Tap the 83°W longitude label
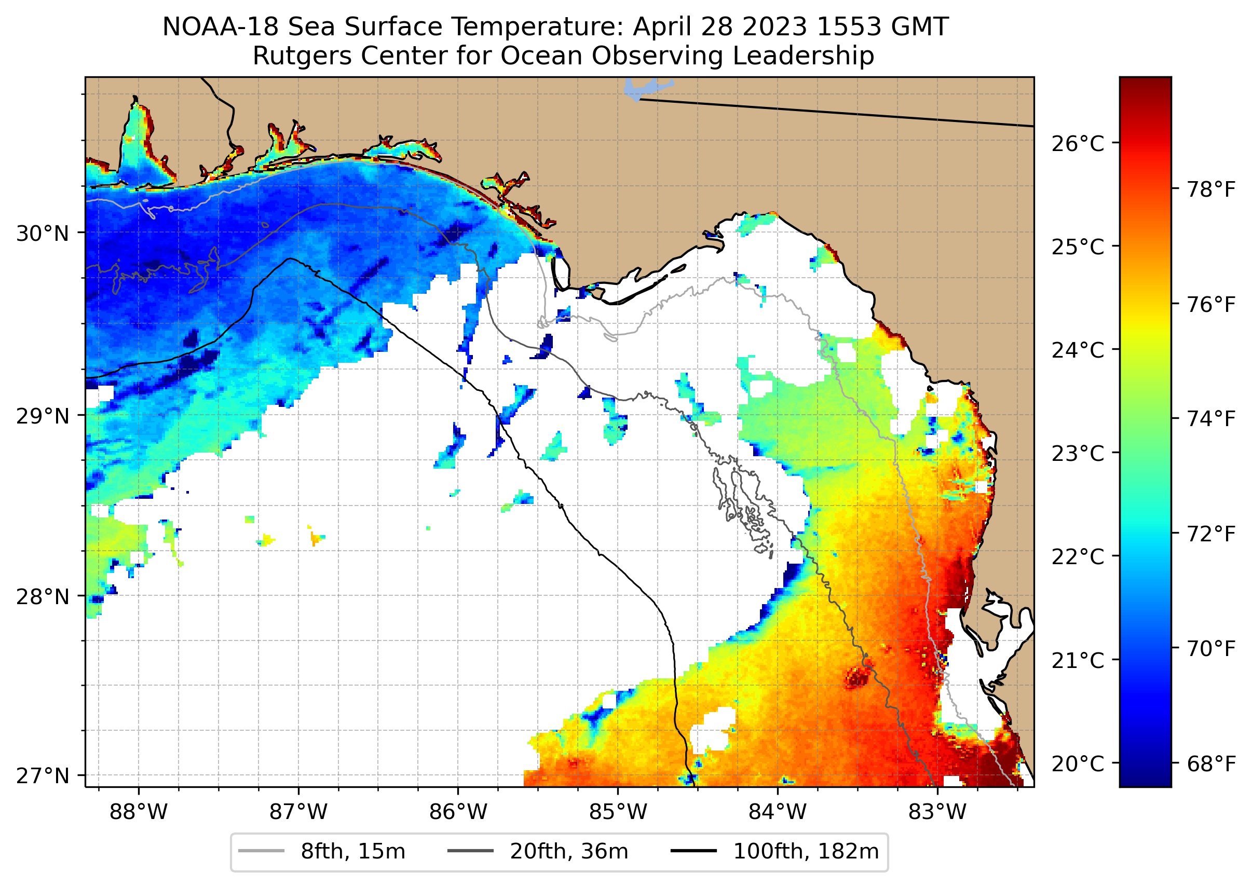click(x=937, y=812)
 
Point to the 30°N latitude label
click(x=43, y=234)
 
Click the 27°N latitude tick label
click(x=43, y=775)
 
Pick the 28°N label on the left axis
click(x=43, y=597)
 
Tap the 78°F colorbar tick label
click(x=1211, y=190)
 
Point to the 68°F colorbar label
click(x=1211, y=763)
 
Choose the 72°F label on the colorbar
click(x=1211, y=534)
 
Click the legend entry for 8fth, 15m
click(x=353, y=852)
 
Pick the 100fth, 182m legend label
click(x=806, y=852)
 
